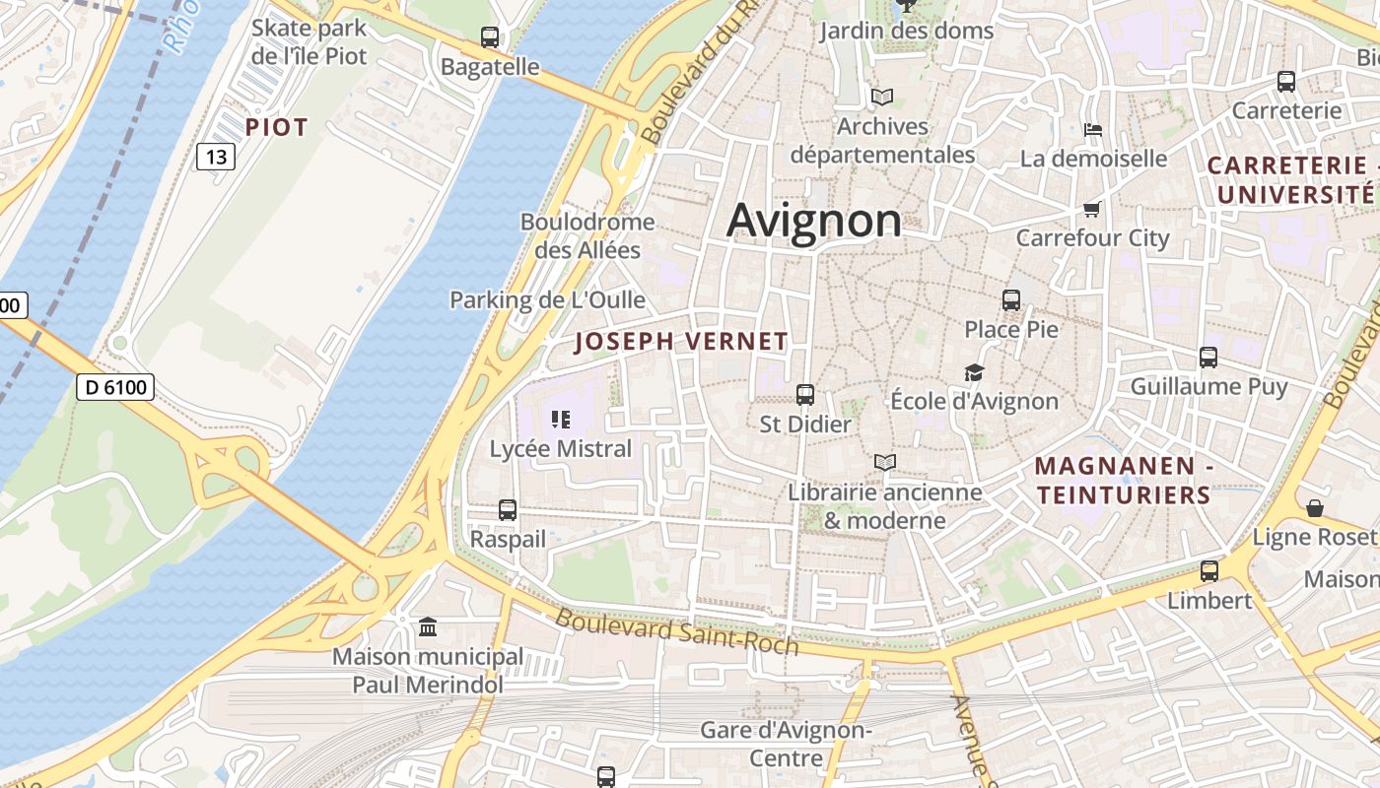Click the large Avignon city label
(814, 221)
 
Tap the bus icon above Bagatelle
(490, 37)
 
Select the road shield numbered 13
(216, 156)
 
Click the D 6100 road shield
(115, 387)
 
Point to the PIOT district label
(277, 127)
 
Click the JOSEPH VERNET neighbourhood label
(681, 342)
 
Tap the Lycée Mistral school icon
(561, 420)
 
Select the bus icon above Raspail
(508, 510)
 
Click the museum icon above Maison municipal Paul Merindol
(428, 626)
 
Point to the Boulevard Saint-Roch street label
(676, 631)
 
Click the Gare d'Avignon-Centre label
(786, 744)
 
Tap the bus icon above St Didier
(805, 395)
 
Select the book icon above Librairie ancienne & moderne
(885, 462)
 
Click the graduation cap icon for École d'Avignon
(974, 372)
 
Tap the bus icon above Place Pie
(1011, 300)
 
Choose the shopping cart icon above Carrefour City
(1092, 209)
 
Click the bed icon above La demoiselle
(1092, 129)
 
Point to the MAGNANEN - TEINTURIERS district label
(1124, 480)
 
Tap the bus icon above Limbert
(1209, 571)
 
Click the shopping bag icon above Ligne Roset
(1315, 508)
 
